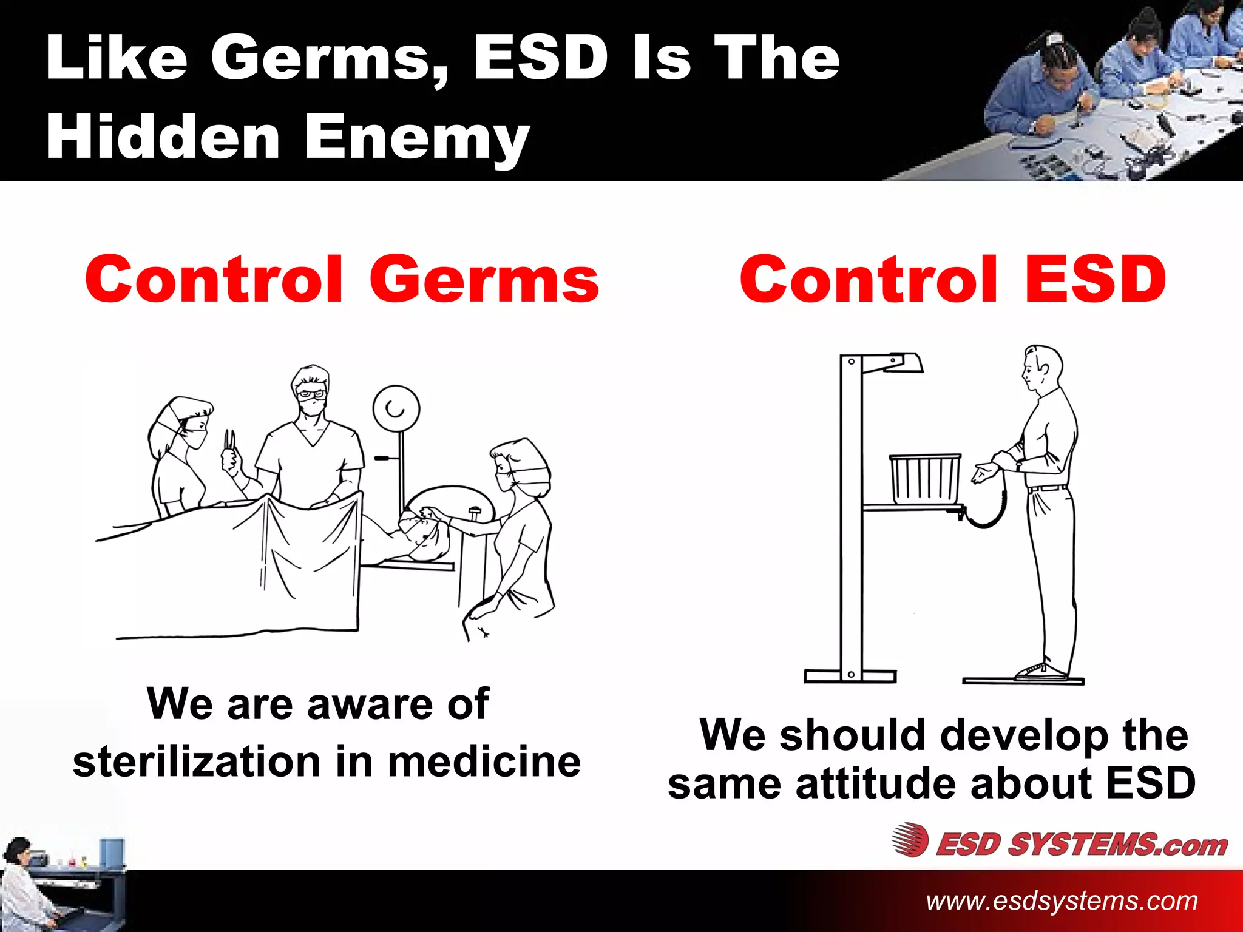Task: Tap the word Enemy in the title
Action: (x=417, y=138)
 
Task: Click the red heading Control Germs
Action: (x=342, y=279)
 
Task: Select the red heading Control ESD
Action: (x=953, y=279)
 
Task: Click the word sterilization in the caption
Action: (x=197, y=762)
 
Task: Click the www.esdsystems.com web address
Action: (x=1062, y=900)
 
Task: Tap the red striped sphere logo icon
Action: (x=910, y=840)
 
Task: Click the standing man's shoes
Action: (x=1041, y=671)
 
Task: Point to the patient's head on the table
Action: (x=425, y=534)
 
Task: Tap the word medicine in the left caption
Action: (x=484, y=762)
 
